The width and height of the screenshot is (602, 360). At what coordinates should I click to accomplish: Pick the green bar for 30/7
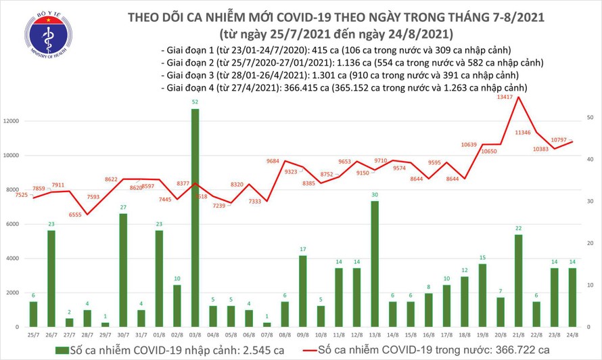click(124, 270)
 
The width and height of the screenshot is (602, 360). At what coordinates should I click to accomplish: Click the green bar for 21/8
click(517, 281)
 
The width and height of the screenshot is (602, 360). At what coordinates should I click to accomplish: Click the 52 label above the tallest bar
click(195, 102)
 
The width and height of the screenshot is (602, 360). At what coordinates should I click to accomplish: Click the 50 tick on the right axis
click(591, 118)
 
